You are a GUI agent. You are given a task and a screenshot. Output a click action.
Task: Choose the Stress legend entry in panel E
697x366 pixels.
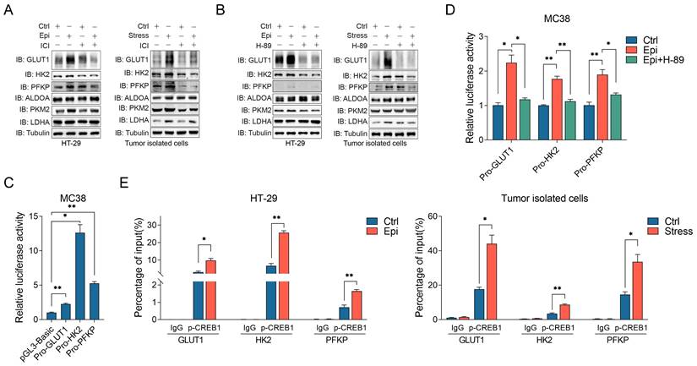(670, 231)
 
